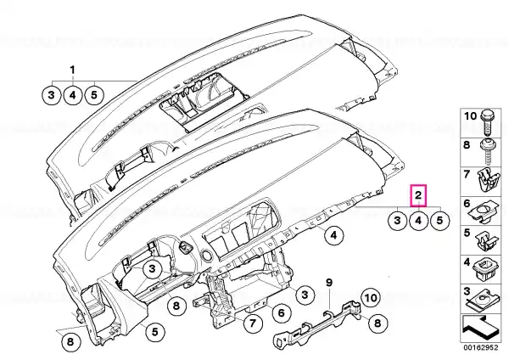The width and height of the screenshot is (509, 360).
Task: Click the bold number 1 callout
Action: click(72, 70)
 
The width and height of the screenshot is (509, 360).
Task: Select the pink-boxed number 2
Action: click(418, 195)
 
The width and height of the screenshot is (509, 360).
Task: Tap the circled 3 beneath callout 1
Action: click(51, 96)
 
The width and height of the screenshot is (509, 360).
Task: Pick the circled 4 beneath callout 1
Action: click(73, 96)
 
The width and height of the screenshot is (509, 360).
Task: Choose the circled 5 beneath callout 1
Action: click(94, 96)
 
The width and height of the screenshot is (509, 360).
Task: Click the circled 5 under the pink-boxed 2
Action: click(439, 221)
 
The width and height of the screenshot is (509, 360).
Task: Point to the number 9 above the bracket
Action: click(329, 283)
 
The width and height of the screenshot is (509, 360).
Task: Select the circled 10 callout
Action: click(371, 298)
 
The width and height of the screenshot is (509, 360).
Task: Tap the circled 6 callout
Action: click(281, 313)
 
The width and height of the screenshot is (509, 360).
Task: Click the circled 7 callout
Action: click(253, 323)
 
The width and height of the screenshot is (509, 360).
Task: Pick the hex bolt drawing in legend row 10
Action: click(486, 123)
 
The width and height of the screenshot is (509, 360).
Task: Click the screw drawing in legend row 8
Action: click(486, 152)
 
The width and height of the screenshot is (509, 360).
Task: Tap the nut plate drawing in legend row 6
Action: click(484, 212)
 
